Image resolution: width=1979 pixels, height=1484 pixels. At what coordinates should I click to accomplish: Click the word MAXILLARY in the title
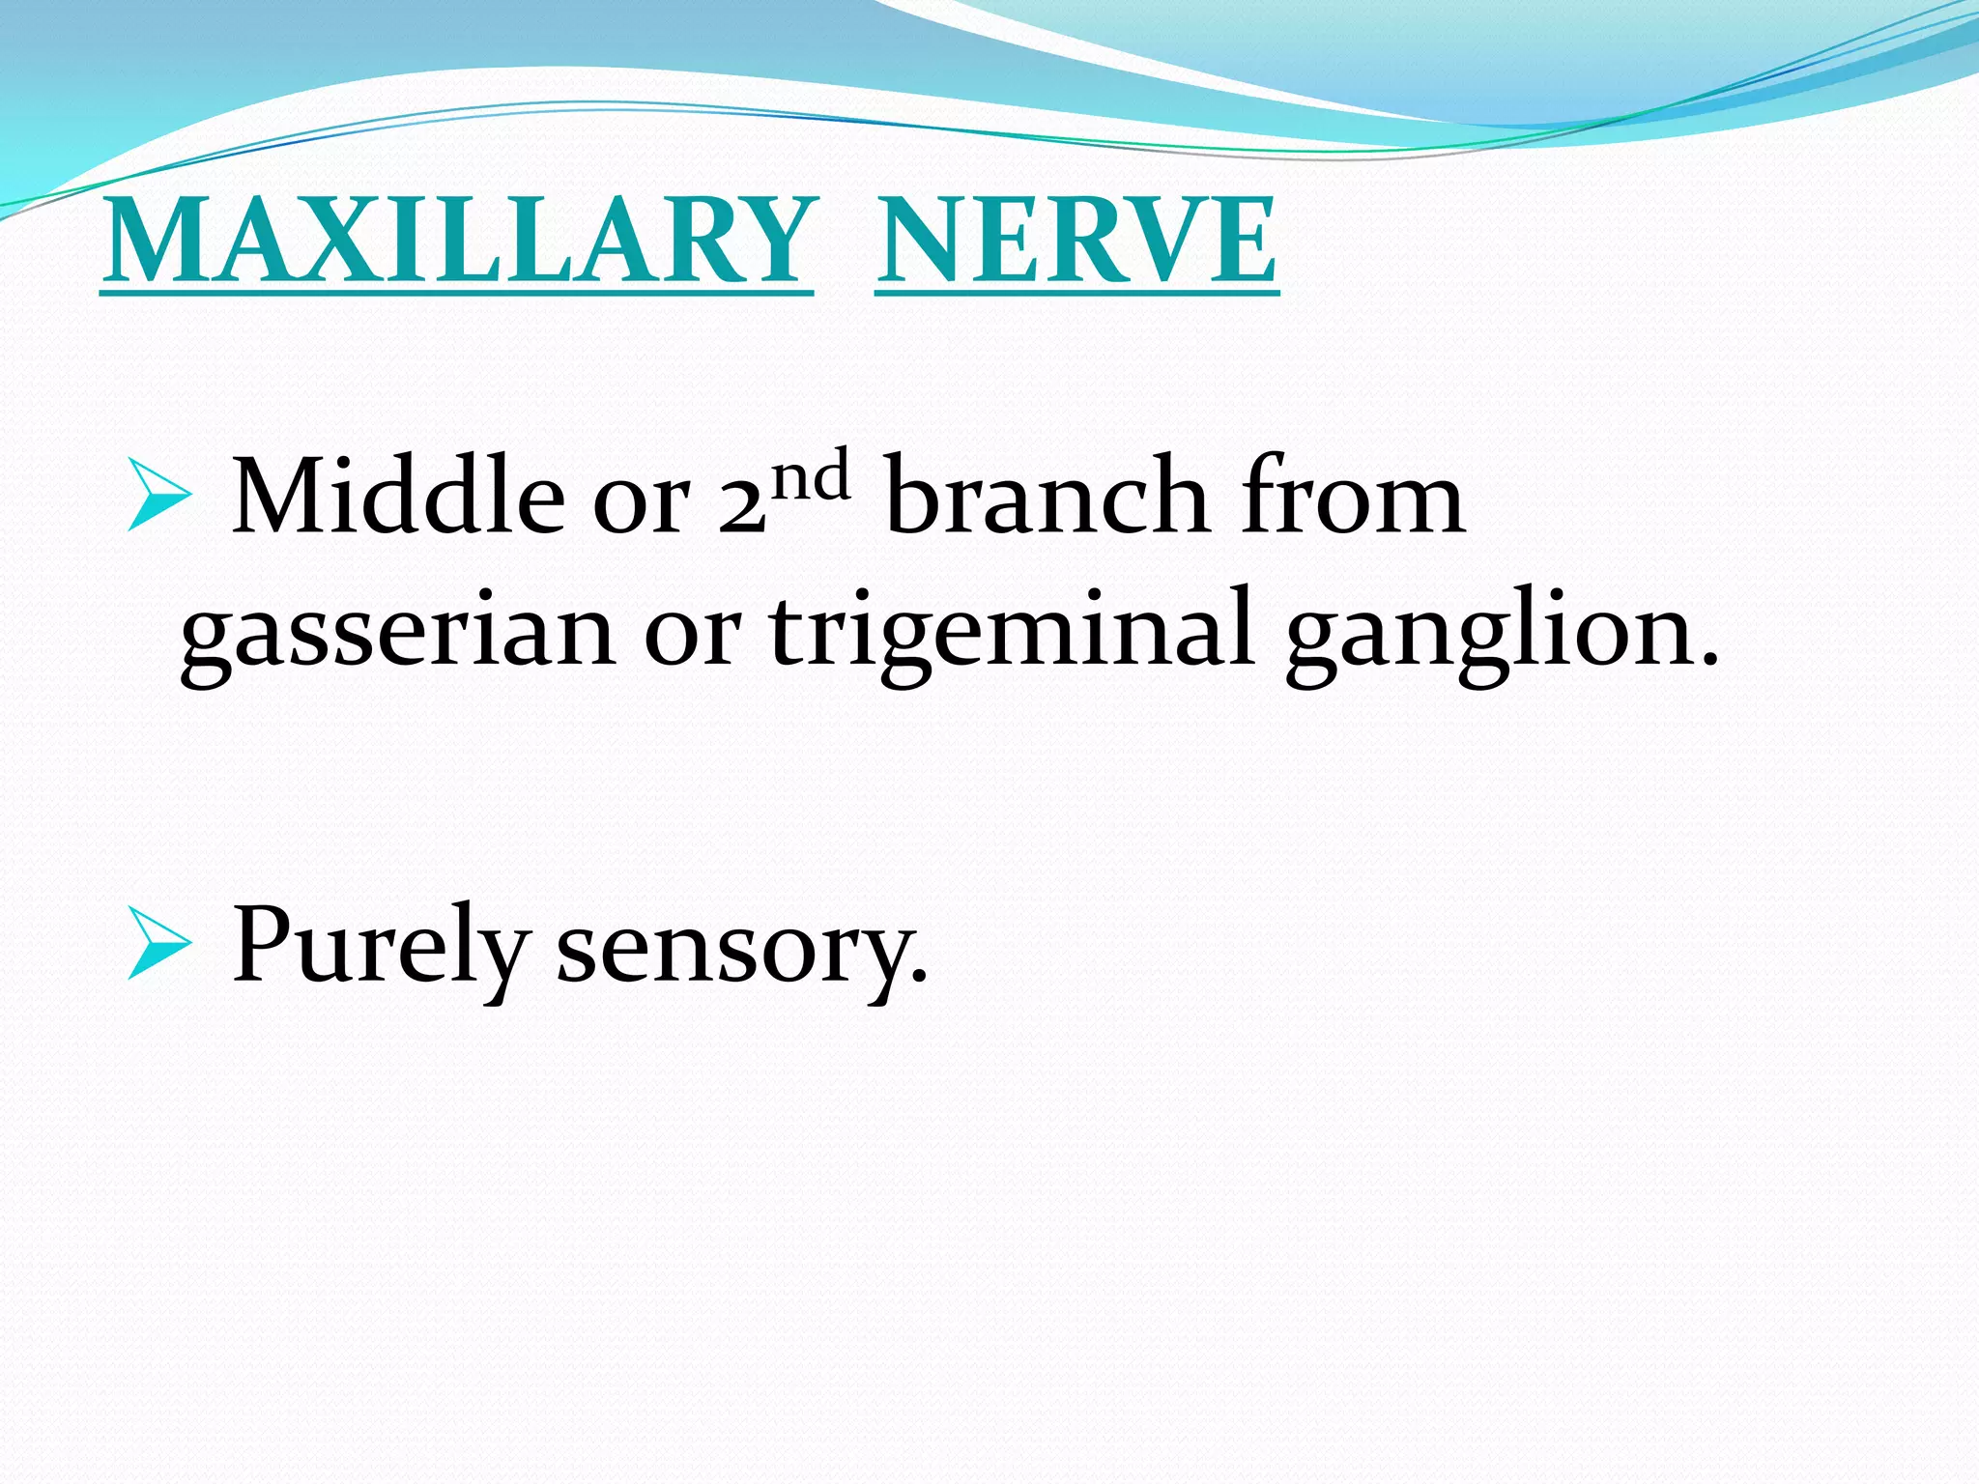coord(457,241)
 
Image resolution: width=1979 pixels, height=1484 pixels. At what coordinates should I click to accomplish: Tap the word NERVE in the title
coord(1076,241)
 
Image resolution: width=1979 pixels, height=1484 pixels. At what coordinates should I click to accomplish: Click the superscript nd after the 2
coord(812,476)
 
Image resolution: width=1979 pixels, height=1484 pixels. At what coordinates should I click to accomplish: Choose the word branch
coord(1047,497)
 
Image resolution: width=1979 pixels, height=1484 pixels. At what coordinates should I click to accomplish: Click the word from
coord(1353,497)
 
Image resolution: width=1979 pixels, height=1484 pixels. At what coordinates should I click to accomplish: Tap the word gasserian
coord(398,633)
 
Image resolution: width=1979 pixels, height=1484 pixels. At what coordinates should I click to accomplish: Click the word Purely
coord(380,947)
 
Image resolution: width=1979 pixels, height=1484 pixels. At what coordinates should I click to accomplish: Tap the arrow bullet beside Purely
coord(158,945)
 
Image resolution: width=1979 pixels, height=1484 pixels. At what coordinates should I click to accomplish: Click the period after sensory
coord(920,978)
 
